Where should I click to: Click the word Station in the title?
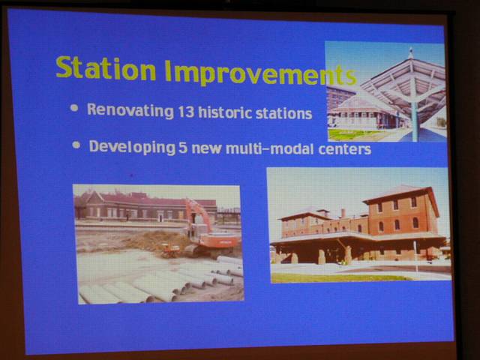click(x=106, y=68)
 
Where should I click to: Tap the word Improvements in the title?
click(x=261, y=73)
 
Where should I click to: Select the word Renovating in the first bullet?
click(x=130, y=110)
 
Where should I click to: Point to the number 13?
click(x=186, y=112)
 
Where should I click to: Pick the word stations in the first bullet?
click(x=283, y=113)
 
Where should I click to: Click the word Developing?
click(x=132, y=147)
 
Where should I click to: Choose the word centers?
click(x=344, y=149)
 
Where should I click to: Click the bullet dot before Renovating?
click(x=74, y=108)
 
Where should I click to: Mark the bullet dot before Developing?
click(x=76, y=145)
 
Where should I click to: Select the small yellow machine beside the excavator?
click(x=170, y=250)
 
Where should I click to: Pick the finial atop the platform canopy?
click(x=411, y=52)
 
